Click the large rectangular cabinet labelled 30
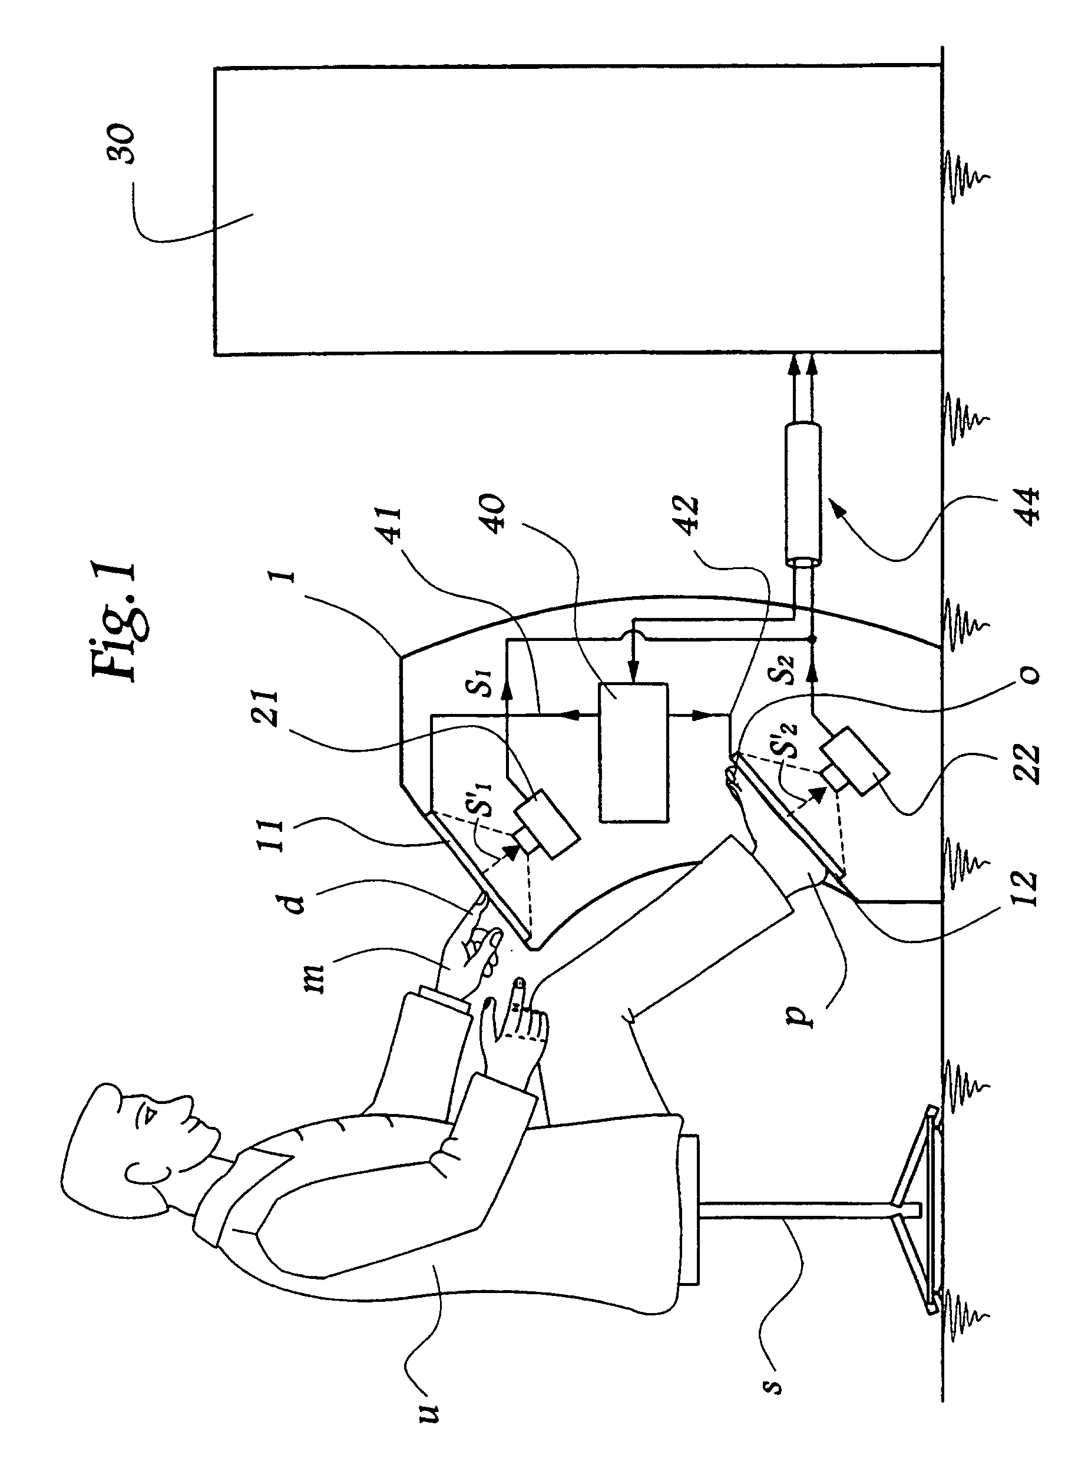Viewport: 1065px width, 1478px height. click(x=577, y=210)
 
